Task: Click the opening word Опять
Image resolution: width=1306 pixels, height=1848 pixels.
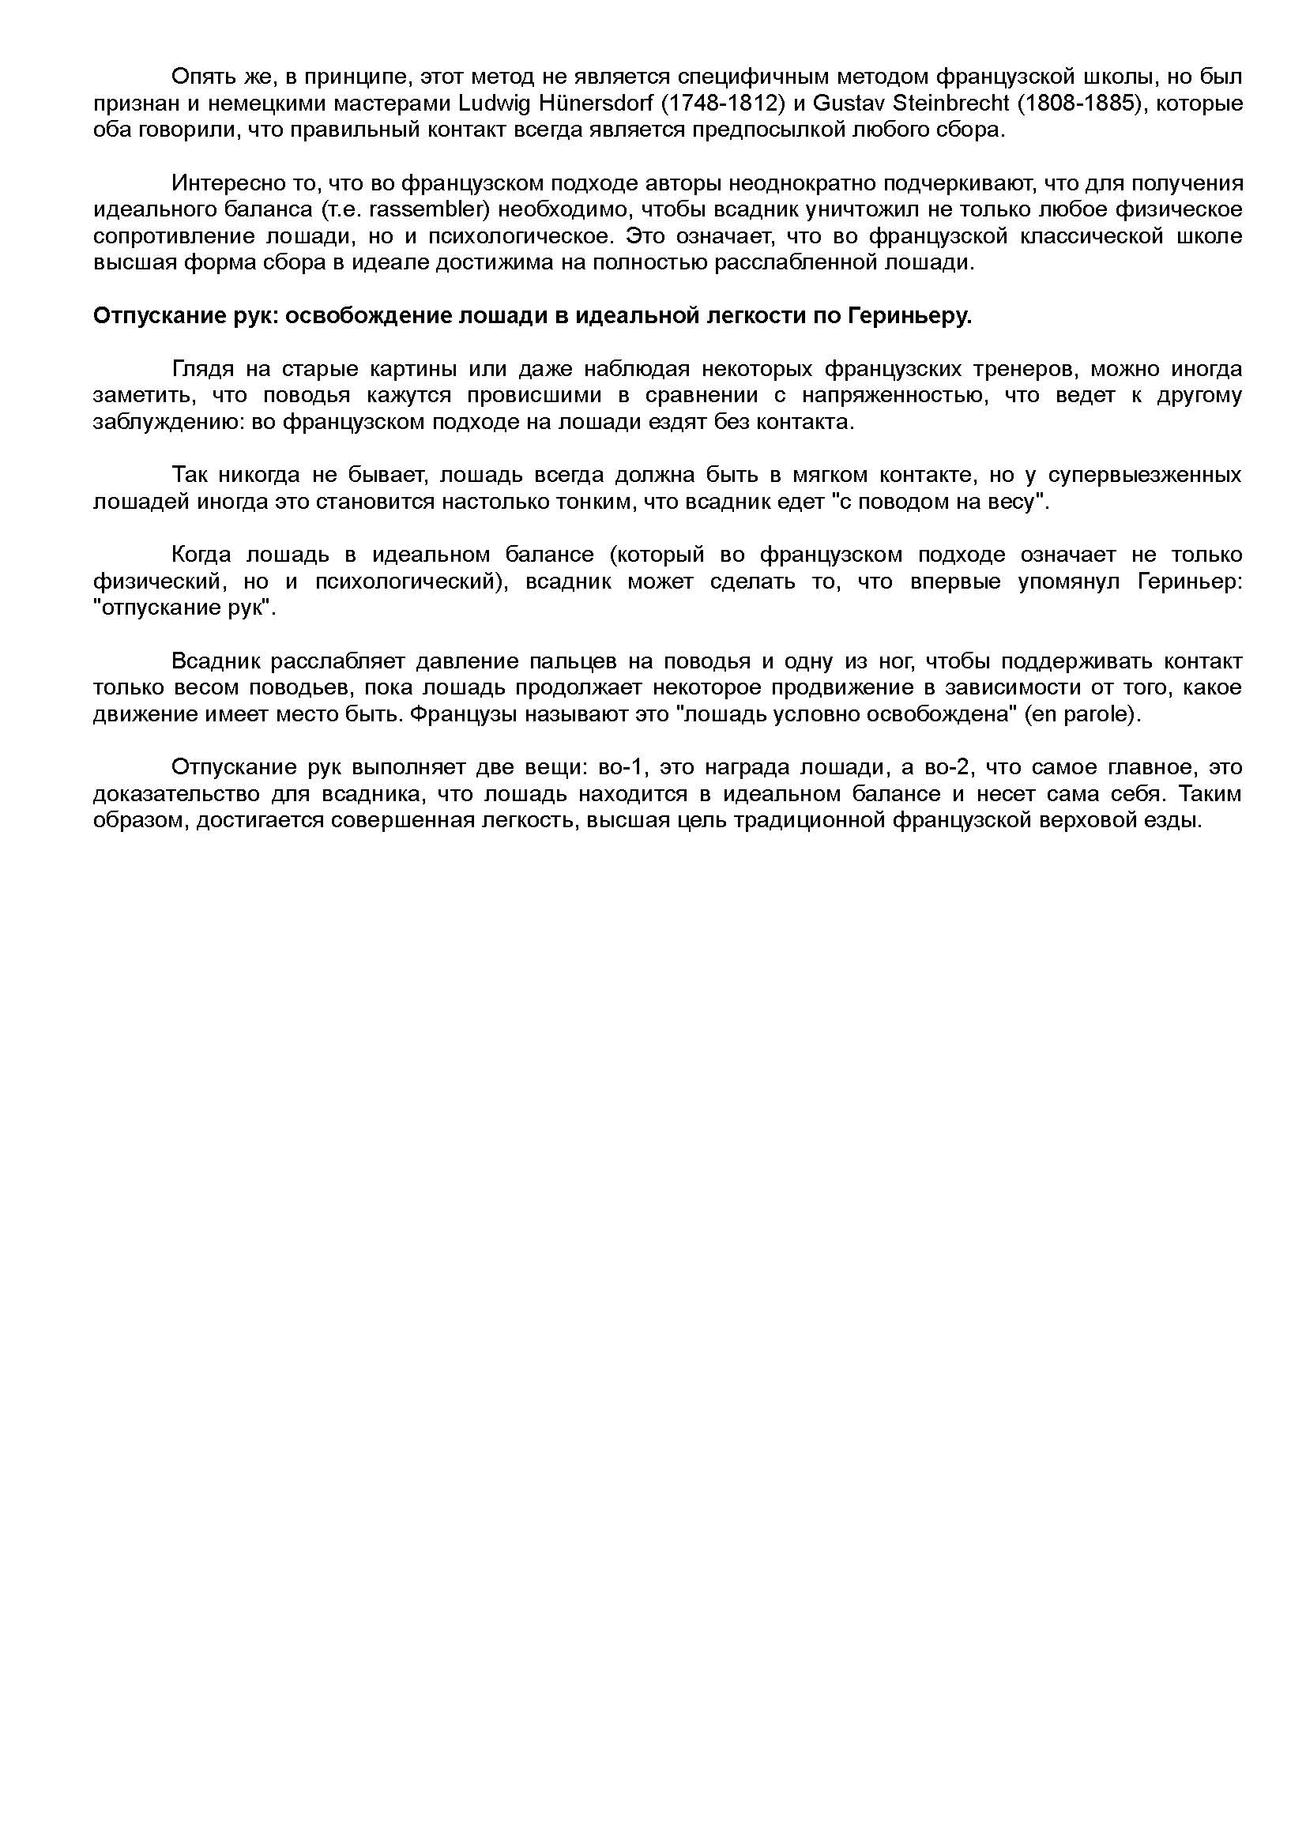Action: point(199,77)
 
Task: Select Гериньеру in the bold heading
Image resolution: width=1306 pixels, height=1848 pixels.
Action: point(909,316)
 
